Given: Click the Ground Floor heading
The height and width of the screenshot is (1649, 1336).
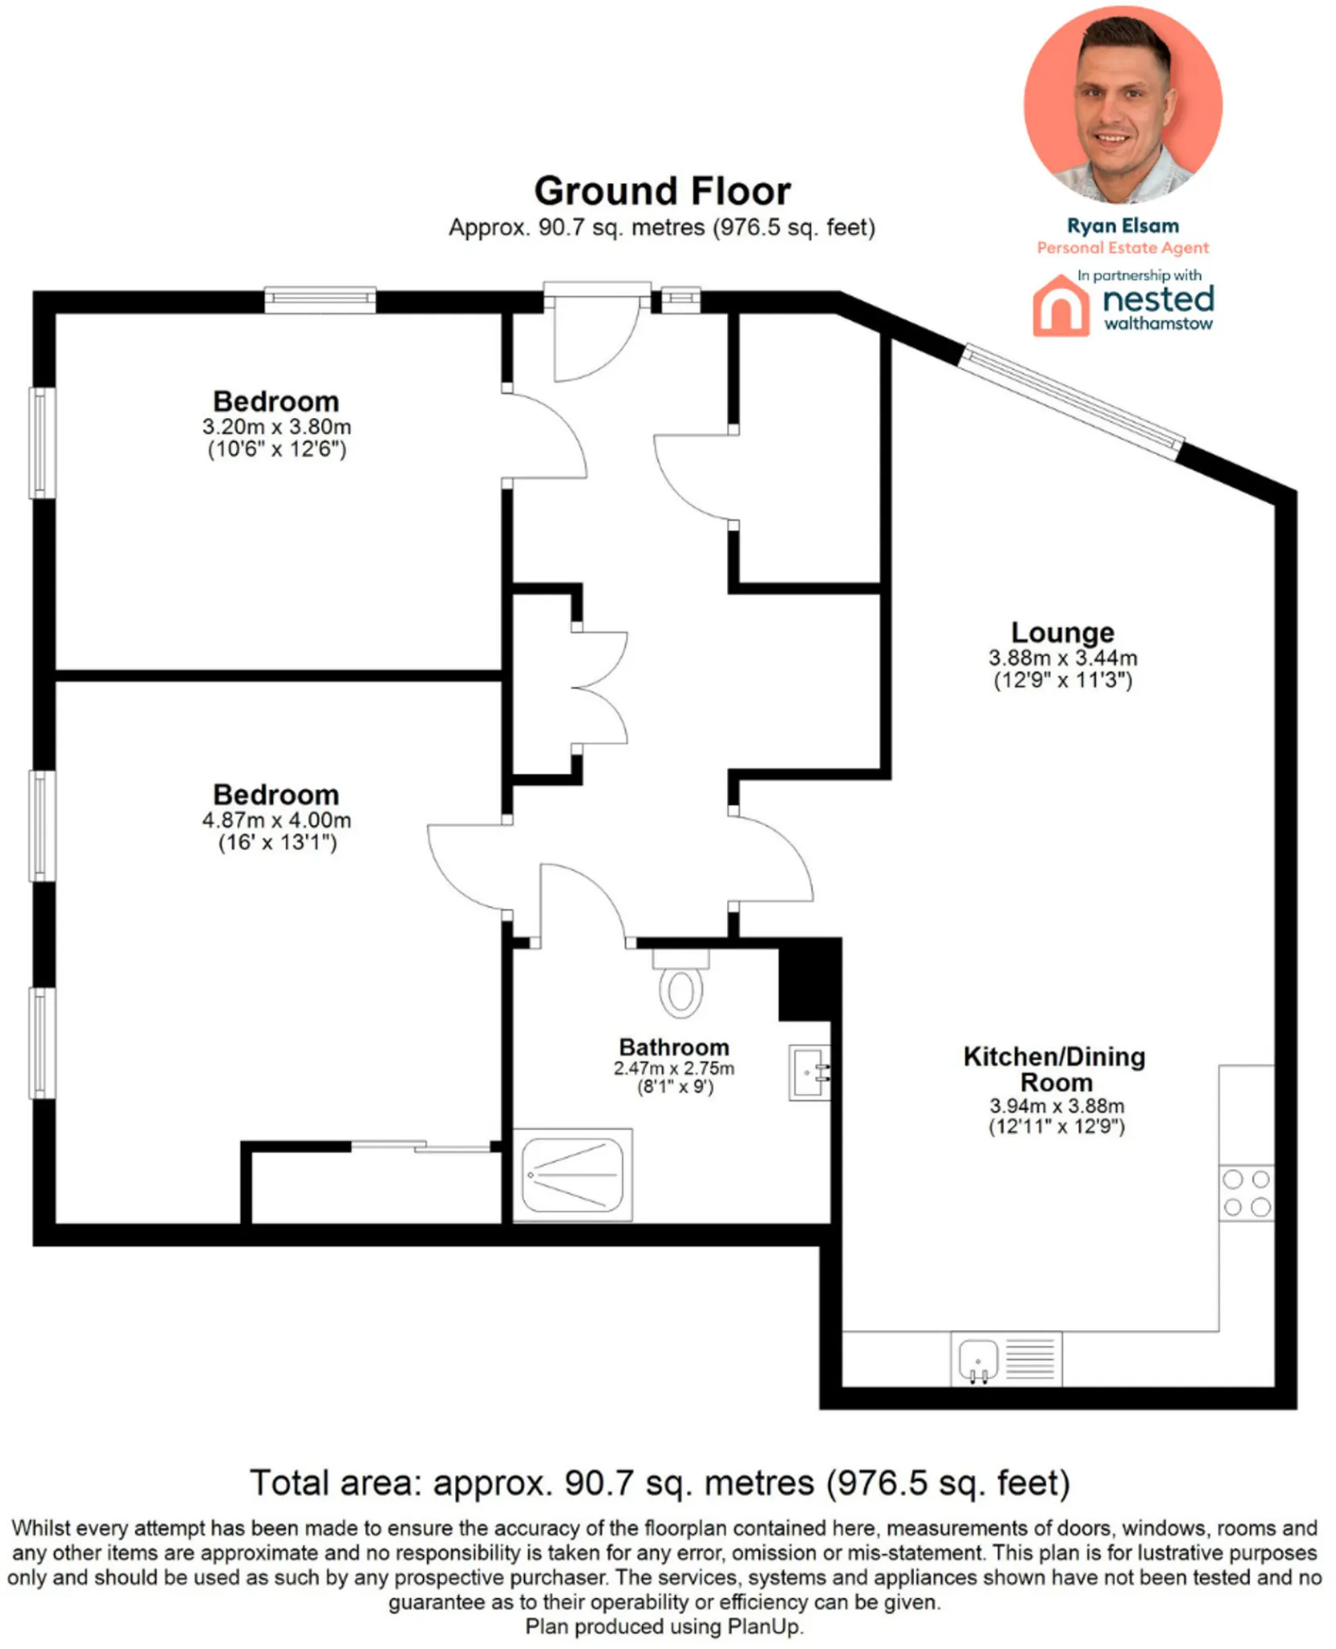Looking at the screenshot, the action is [x=662, y=192].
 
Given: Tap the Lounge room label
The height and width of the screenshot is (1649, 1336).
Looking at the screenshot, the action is [x=1063, y=632].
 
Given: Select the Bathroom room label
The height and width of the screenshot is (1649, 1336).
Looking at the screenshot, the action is [x=674, y=1047].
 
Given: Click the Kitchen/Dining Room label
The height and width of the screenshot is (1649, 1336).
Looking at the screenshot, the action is [x=1054, y=1068].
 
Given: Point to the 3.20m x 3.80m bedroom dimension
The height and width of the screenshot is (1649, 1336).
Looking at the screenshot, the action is [x=276, y=426].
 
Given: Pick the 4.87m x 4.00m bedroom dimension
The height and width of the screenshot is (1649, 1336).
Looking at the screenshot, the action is [x=276, y=820].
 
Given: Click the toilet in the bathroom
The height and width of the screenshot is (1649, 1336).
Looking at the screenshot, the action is [x=680, y=982].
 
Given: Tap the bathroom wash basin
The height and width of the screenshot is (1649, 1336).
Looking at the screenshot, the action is [x=809, y=1072].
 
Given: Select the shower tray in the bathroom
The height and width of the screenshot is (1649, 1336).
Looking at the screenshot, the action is [x=573, y=1175].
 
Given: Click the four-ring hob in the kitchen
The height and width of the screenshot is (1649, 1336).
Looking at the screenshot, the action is [x=1247, y=1192].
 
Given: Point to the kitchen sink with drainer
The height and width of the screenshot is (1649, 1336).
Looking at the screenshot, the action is [x=1006, y=1359].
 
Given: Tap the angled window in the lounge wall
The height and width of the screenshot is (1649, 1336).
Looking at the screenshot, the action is [x=1073, y=400].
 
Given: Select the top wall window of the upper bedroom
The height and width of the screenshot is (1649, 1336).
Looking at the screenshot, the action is [x=321, y=300].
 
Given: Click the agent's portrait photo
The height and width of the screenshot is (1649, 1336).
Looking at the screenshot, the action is [x=1123, y=105].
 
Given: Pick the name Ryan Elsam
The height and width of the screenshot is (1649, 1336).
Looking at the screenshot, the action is [x=1123, y=225].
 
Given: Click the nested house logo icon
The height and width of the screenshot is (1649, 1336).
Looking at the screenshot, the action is [x=1061, y=305].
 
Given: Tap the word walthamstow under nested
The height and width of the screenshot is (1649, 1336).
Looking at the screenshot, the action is [x=1158, y=324].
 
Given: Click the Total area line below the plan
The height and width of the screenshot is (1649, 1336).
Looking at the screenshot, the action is [x=660, y=1482].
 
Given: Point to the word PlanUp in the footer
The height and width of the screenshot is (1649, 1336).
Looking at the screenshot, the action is [x=763, y=1627].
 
